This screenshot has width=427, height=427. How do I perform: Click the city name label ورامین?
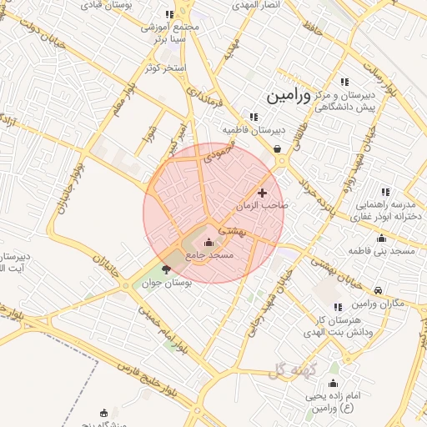[x=288, y=96]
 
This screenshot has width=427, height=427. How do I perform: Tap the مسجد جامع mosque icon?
[x=208, y=243]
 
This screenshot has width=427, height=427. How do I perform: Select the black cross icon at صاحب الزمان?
[x=262, y=193]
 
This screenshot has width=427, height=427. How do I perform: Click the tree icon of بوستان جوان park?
[x=165, y=269]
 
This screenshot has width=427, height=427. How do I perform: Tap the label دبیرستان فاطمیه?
[x=254, y=131]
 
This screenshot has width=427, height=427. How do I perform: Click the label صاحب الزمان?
[x=262, y=205]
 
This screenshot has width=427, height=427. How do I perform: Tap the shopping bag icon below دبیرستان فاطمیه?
[x=276, y=149]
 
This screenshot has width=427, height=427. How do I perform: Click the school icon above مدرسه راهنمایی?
[x=385, y=192]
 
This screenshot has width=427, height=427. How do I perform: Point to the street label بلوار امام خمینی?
[x=158, y=328]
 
